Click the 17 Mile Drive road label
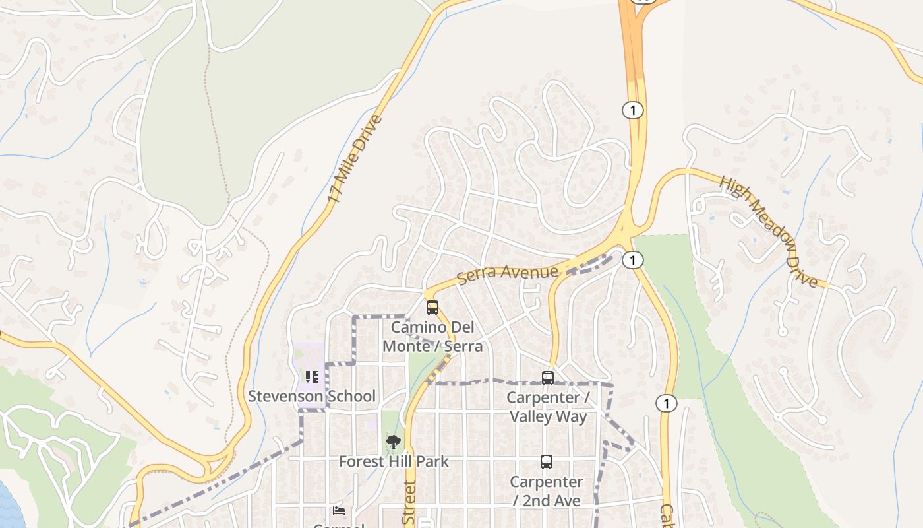tap(355, 159)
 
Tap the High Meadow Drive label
tap(768, 231)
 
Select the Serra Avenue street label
tap(508, 273)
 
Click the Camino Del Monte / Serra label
tap(432, 337)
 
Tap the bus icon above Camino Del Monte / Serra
tap(432, 307)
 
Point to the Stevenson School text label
tap(312, 396)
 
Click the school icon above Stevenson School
tap(312, 377)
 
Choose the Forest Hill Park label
tap(394, 461)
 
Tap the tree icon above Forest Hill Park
tap(394, 442)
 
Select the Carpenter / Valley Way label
tap(548, 407)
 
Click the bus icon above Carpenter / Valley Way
tap(548, 378)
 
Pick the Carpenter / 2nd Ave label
tap(547, 491)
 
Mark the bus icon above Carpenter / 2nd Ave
tap(547, 461)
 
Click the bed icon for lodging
tap(339, 510)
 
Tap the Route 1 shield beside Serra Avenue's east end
tap(633, 260)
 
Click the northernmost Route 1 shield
tap(633, 110)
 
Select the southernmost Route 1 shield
tap(667, 403)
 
